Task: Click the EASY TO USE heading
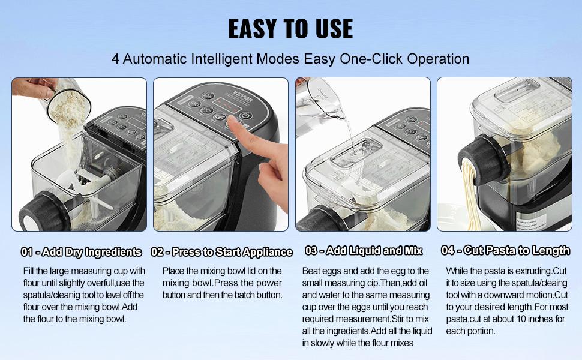click(290, 29)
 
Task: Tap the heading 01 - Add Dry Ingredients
click(81, 252)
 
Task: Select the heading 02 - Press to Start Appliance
click(221, 252)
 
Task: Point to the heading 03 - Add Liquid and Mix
click(364, 251)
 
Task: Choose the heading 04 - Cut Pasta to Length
click(505, 251)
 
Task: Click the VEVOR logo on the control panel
click(243, 96)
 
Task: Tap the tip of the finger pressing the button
click(231, 121)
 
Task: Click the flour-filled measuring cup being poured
click(68, 103)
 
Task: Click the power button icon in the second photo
click(245, 116)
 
